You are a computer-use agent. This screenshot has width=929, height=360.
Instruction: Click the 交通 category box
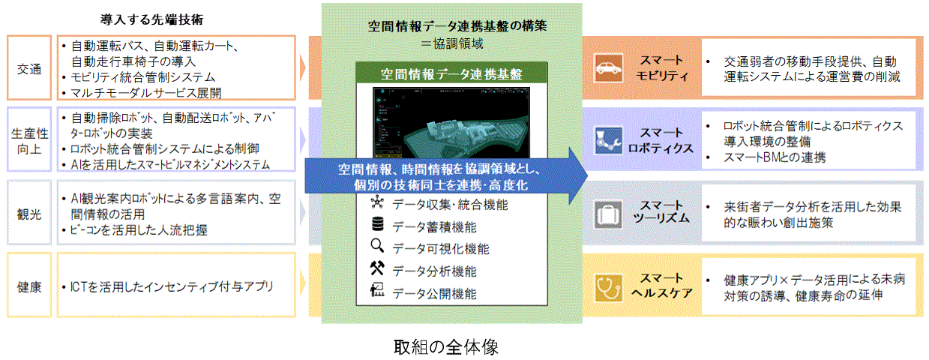pos(29,67)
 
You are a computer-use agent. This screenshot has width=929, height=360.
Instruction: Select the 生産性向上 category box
pos(29,139)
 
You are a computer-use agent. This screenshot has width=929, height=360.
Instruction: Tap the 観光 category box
pos(29,212)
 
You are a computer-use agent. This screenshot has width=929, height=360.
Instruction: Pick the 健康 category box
pos(29,285)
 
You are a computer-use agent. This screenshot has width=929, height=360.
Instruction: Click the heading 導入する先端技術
pos(151,19)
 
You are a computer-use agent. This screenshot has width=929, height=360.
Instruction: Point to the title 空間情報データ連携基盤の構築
pos(457,26)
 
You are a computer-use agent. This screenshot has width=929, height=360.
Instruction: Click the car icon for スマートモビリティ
pos(608,68)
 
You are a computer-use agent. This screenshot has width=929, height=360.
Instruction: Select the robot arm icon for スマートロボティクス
pos(608,140)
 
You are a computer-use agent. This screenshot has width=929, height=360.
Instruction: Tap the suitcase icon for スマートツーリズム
pos(608,214)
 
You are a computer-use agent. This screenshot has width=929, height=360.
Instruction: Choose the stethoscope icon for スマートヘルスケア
pos(608,287)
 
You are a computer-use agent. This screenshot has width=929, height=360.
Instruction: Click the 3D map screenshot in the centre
pos(451,123)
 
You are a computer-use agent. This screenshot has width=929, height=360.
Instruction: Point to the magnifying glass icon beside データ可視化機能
pos(377,245)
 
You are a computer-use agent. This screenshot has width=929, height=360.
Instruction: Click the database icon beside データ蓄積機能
pos(377,224)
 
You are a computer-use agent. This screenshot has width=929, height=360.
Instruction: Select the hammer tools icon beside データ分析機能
pos(377,268)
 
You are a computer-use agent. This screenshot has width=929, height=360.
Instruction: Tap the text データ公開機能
pos(434,294)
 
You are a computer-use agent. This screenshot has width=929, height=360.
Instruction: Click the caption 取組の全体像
pos(446,346)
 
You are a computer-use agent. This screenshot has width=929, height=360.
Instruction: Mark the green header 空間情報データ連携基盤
pos(451,73)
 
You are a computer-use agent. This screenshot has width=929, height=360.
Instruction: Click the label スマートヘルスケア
pos(662,286)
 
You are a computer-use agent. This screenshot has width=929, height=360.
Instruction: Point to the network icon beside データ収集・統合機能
pos(377,202)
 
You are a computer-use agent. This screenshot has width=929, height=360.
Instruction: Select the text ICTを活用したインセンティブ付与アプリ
pos(171,286)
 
